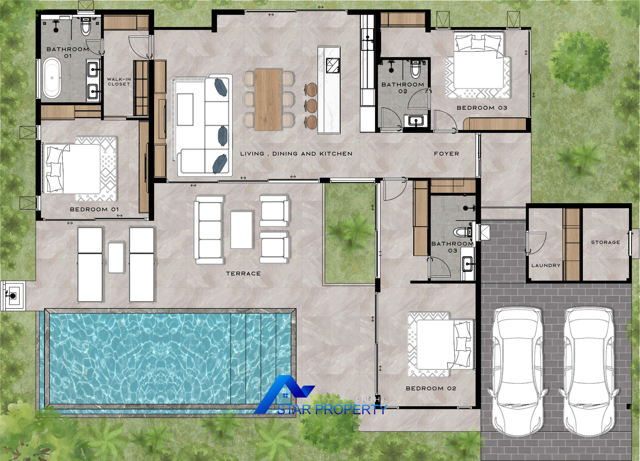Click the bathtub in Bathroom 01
click(52, 78)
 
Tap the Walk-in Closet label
click(119, 82)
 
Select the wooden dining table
click(268, 100)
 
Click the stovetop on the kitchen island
click(333, 65)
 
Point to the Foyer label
click(446, 154)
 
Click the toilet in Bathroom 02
click(415, 69)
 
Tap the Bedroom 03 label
click(482, 108)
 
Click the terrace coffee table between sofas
click(241, 230)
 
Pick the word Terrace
click(243, 273)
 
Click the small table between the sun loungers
click(116, 258)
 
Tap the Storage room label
click(605, 242)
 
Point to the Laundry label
click(546, 265)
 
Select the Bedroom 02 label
click(431, 388)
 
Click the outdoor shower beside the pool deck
click(12, 295)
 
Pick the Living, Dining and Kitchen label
click(296, 154)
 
